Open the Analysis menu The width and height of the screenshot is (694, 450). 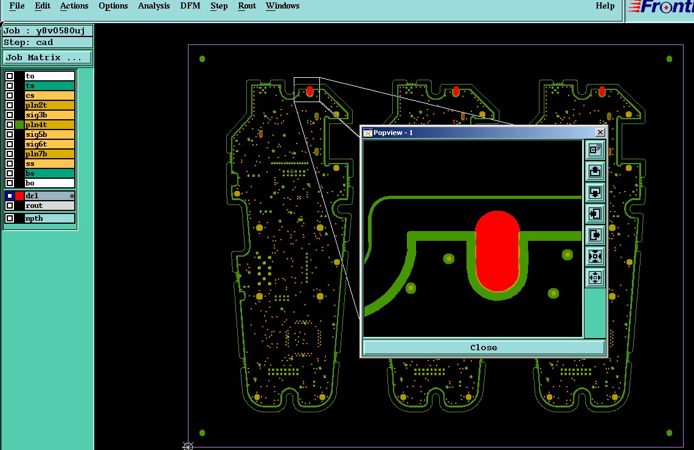[x=154, y=5]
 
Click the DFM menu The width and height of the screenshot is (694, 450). [x=190, y=5]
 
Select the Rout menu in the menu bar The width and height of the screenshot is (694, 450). [x=246, y=5]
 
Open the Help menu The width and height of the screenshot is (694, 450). [x=605, y=5]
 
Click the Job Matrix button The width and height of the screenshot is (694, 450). [x=47, y=58]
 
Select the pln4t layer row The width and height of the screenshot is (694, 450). [x=49, y=125]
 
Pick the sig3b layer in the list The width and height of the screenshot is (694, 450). [x=49, y=115]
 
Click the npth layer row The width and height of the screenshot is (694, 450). [x=49, y=218]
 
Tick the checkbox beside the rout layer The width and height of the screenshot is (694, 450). [x=10, y=206]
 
